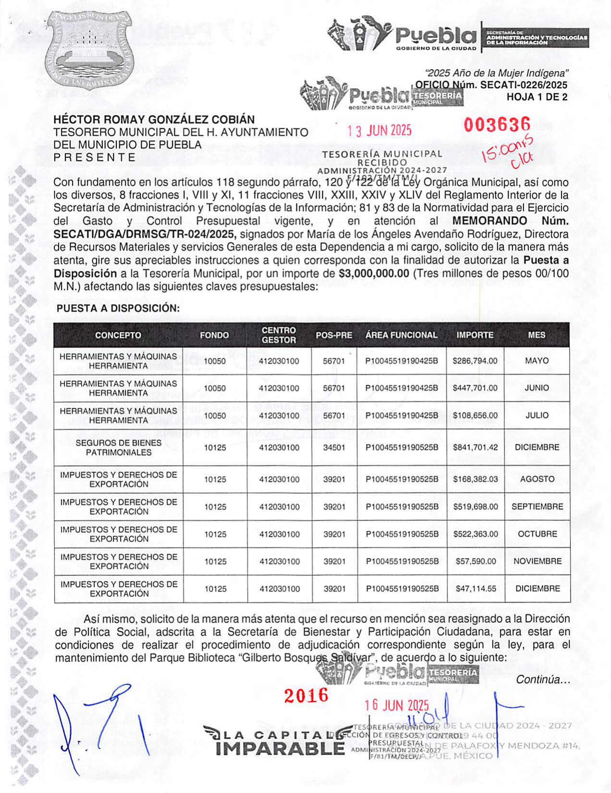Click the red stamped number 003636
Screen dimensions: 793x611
497,125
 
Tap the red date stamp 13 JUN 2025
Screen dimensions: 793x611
379,131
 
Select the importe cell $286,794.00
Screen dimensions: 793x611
475,361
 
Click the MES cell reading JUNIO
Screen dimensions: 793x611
537,388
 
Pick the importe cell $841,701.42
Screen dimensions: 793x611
475,447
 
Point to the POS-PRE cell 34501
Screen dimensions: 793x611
334,447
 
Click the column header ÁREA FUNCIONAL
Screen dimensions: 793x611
401,335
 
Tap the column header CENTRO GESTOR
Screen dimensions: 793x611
279,335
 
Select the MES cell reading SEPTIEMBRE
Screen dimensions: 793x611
537,506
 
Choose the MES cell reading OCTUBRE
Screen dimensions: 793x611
537,534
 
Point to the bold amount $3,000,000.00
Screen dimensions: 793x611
374,274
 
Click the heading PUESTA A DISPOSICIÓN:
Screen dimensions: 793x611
118,308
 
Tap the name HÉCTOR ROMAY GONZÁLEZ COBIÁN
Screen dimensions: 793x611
154,119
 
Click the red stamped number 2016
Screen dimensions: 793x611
306,695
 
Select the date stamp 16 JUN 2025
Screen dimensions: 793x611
396,705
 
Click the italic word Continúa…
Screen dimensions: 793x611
543,680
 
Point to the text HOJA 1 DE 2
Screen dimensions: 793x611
537,97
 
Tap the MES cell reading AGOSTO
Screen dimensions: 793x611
537,479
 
